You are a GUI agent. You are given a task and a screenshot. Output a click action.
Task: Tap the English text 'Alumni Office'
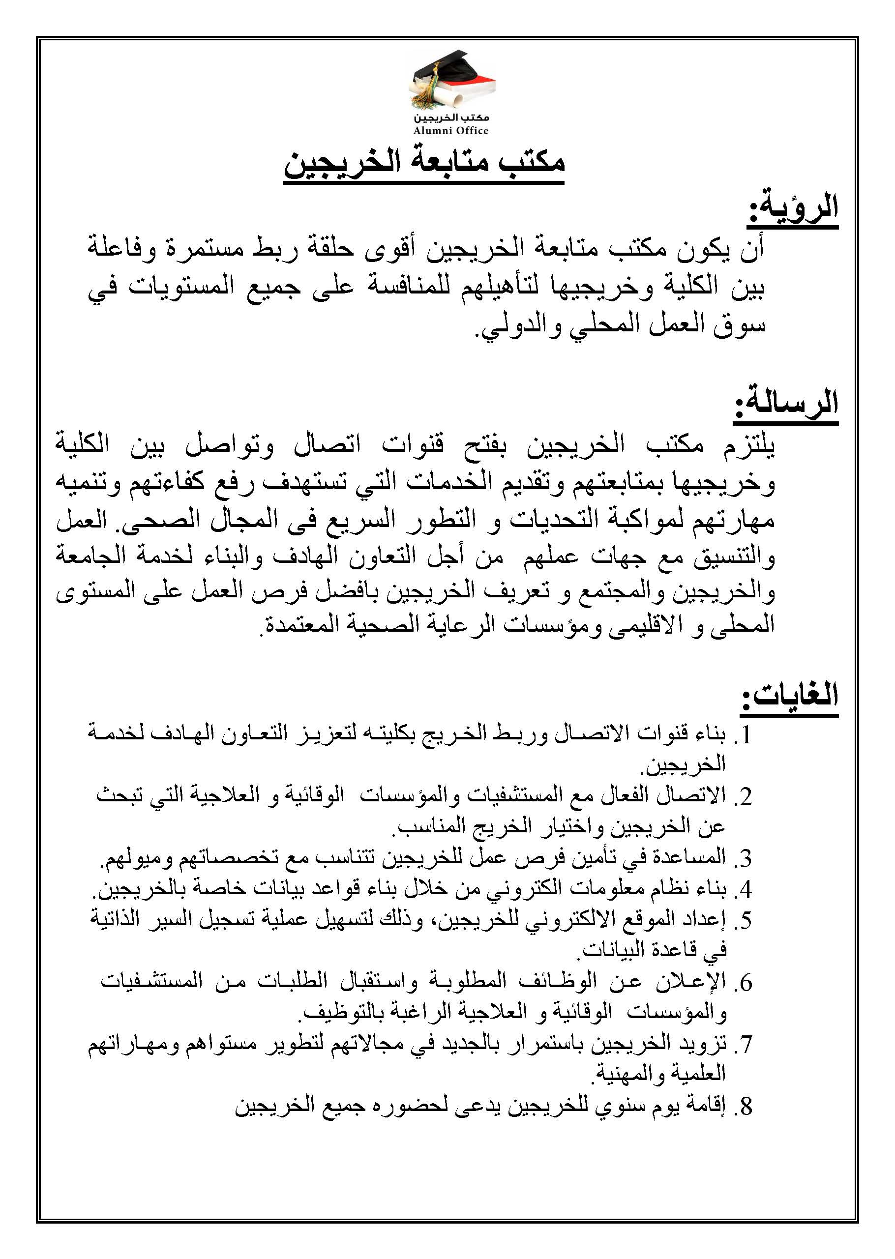(x=451, y=131)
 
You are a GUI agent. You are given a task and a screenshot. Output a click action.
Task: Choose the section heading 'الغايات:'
(x=789, y=696)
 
